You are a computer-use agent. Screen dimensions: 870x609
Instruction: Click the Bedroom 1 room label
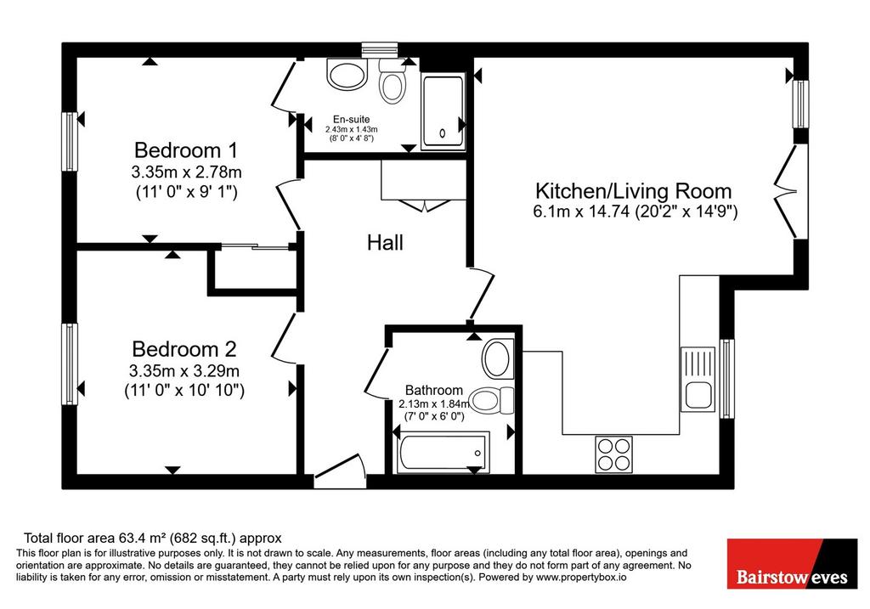point(186,150)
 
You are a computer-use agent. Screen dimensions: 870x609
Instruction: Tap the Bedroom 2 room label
point(184,349)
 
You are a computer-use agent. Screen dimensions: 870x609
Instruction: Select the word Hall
point(385,242)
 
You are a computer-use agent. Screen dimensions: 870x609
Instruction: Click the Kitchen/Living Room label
point(634,191)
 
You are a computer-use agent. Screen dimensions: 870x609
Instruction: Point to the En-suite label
point(351,119)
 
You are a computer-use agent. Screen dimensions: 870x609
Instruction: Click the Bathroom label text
point(434,390)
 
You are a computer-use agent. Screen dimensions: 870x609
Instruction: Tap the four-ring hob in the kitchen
point(613,454)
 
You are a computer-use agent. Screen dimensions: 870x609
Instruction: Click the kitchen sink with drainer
point(698,380)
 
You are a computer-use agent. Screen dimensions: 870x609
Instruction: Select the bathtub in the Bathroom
point(442,454)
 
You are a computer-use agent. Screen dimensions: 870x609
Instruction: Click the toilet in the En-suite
point(393,81)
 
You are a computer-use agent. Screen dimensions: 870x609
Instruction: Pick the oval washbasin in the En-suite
point(347,75)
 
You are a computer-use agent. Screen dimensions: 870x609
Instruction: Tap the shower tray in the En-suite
point(443,112)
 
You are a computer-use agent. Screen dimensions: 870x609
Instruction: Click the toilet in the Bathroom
point(492,400)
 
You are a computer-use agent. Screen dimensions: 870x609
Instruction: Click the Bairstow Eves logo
point(792,563)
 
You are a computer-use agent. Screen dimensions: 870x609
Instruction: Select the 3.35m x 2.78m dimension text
point(186,172)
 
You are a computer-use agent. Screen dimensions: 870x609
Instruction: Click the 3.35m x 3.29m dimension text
point(184,370)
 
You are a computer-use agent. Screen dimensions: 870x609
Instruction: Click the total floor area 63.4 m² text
point(153,538)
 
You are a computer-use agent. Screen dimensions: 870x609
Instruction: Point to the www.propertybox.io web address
point(581,578)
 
